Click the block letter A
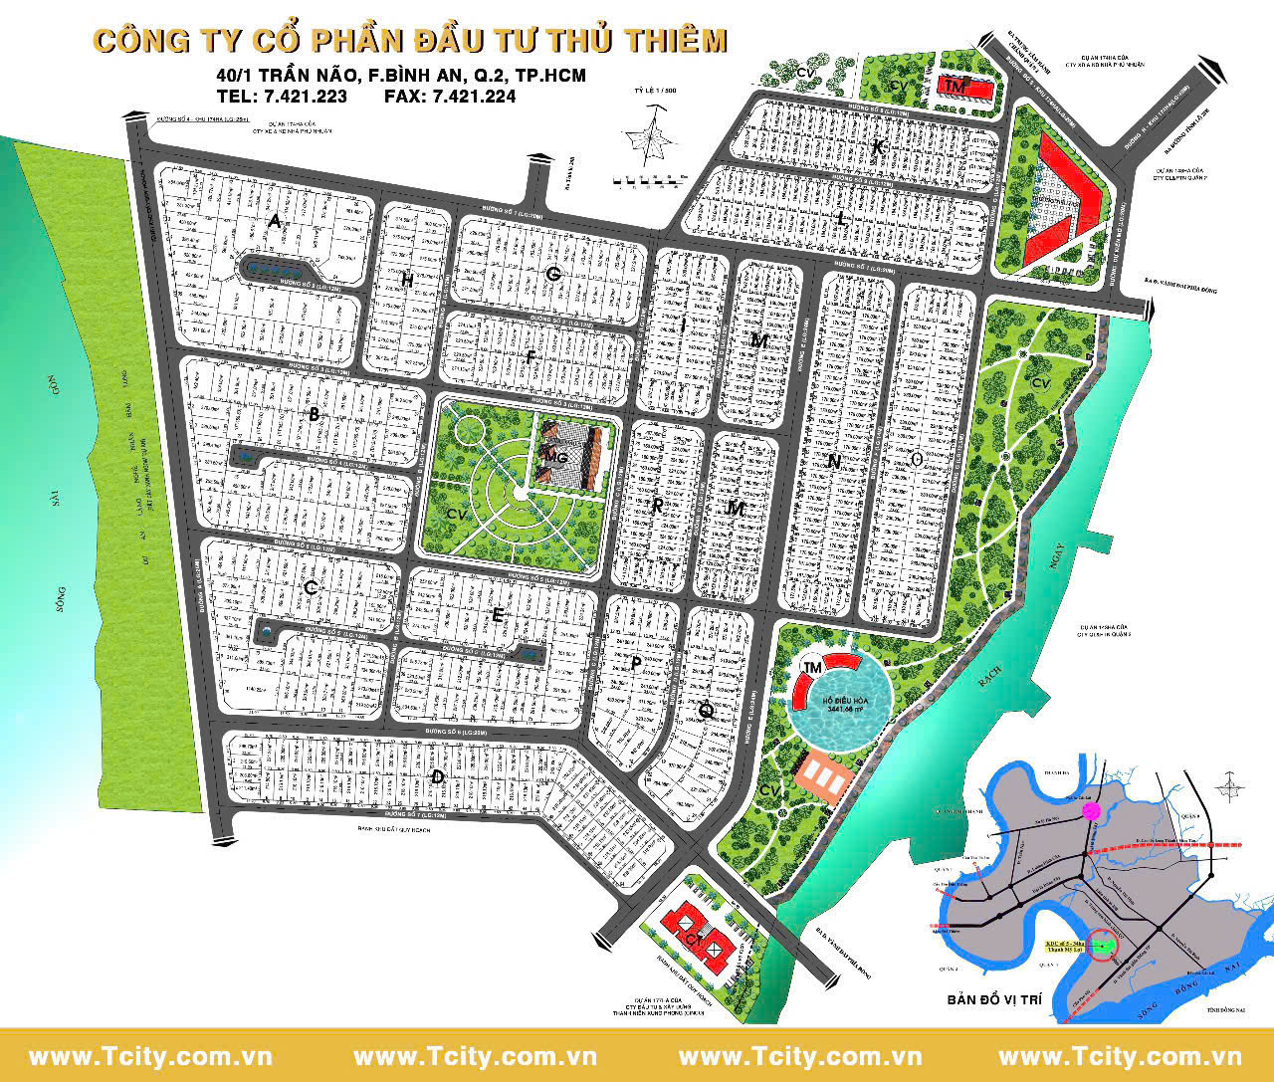click(273, 222)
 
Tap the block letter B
click(314, 415)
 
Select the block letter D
click(436, 776)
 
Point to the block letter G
click(553, 274)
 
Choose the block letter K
click(877, 147)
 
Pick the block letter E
click(498, 616)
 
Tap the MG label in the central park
click(555, 455)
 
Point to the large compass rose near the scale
click(651, 139)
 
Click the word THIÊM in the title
click(670, 41)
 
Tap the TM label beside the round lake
click(813, 667)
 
